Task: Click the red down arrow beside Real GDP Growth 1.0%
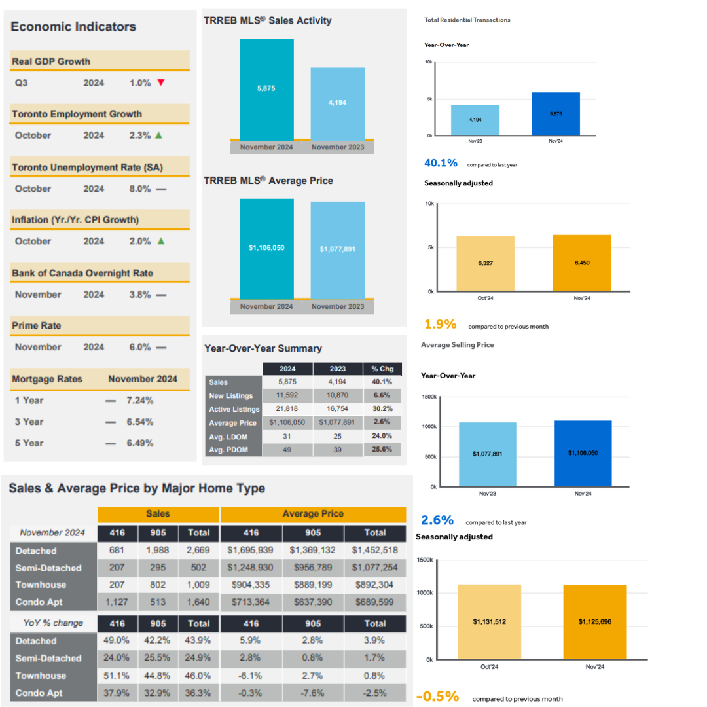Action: pyautogui.click(x=160, y=83)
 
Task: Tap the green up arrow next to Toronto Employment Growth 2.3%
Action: pyautogui.click(x=158, y=136)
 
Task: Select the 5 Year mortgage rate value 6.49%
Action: pyautogui.click(x=139, y=443)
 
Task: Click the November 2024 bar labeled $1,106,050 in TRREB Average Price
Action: pyautogui.click(x=266, y=248)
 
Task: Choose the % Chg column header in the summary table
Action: pyautogui.click(x=382, y=369)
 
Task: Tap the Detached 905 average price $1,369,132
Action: pyautogui.click(x=313, y=551)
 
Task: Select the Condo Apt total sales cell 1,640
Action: pyautogui.click(x=198, y=602)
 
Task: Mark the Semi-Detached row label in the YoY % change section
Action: pyautogui.click(x=48, y=658)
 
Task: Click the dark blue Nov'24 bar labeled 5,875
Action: pyautogui.click(x=555, y=114)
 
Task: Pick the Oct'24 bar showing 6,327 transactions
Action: pyautogui.click(x=485, y=263)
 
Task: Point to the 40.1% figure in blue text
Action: pyautogui.click(x=441, y=163)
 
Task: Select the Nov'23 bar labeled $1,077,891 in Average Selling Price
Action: pyautogui.click(x=487, y=454)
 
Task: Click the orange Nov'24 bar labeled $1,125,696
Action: pyautogui.click(x=594, y=621)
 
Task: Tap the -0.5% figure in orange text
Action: pyautogui.click(x=437, y=696)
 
